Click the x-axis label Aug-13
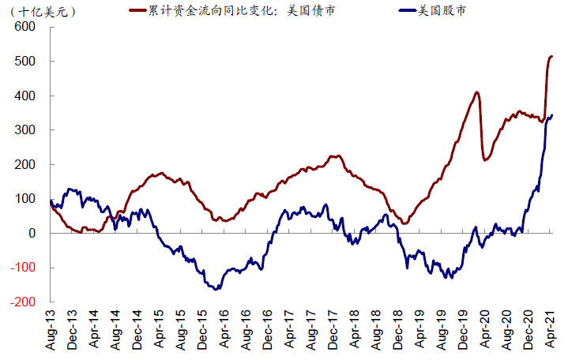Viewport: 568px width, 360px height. click(51, 331)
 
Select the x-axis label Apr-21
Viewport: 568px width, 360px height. click(551, 331)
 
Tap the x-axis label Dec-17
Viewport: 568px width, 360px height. click(333, 331)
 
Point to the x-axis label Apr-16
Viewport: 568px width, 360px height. click(225, 331)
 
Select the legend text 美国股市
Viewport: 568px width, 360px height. click(442, 10)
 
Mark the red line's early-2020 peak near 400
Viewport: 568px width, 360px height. click(476, 92)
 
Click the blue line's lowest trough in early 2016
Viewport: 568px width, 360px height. click(216, 288)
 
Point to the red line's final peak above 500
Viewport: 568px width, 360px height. click(551, 56)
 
